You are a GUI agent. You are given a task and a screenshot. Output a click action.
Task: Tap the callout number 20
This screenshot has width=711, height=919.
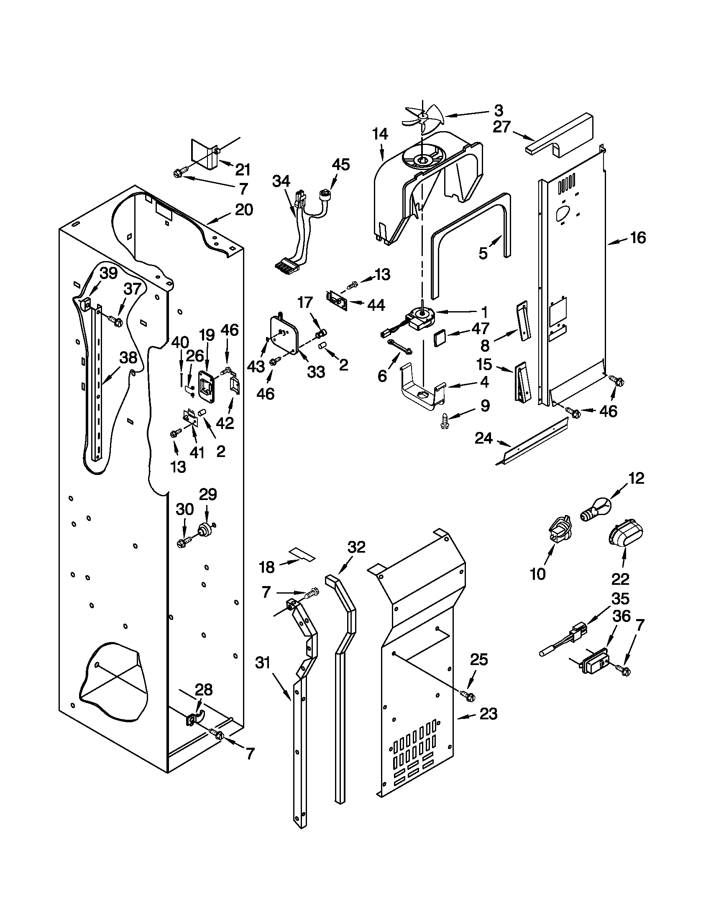click(x=244, y=210)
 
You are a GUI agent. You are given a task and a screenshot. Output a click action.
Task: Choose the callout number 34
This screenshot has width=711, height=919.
click(x=281, y=181)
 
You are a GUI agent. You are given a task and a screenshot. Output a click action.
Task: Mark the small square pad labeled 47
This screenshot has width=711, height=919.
click(x=440, y=337)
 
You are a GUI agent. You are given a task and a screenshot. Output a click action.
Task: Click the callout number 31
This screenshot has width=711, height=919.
click(x=262, y=663)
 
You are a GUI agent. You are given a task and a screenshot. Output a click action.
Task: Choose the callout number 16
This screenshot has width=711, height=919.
click(x=638, y=238)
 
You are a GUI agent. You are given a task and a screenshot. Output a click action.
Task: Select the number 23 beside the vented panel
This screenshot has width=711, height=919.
click(x=488, y=713)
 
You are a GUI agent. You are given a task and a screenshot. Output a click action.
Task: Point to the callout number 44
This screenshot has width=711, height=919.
click(x=376, y=305)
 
